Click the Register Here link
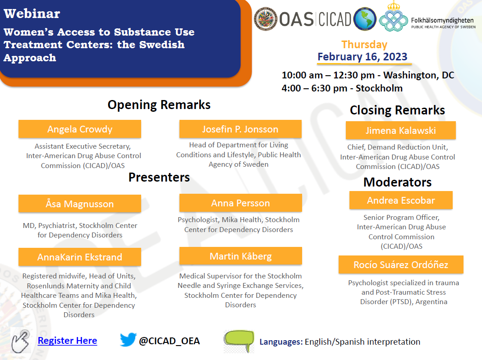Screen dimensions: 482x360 (67, 341)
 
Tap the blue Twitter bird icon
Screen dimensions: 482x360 (128, 339)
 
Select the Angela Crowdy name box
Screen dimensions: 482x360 (80, 129)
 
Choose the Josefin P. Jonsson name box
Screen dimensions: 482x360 (240, 129)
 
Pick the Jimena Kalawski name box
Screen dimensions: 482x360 (400, 130)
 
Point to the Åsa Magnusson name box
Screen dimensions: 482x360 (80, 204)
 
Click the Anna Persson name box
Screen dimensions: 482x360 (240, 203)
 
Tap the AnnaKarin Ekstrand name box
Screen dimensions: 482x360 (80, 257)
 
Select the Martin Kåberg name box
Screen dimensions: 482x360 (240, 256)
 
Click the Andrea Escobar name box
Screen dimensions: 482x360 (401, 200)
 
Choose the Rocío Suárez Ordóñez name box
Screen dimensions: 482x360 (401, 264)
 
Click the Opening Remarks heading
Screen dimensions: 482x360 (159, 105)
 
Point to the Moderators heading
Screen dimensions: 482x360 (398, 182)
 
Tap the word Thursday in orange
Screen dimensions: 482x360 (364, 45)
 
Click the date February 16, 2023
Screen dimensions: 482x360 (363, 57)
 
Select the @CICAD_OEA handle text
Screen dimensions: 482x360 (170, 341)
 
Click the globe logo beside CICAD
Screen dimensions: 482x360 (365, 19)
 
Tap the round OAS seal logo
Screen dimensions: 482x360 (266, 19)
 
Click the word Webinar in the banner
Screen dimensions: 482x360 (32, 14)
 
